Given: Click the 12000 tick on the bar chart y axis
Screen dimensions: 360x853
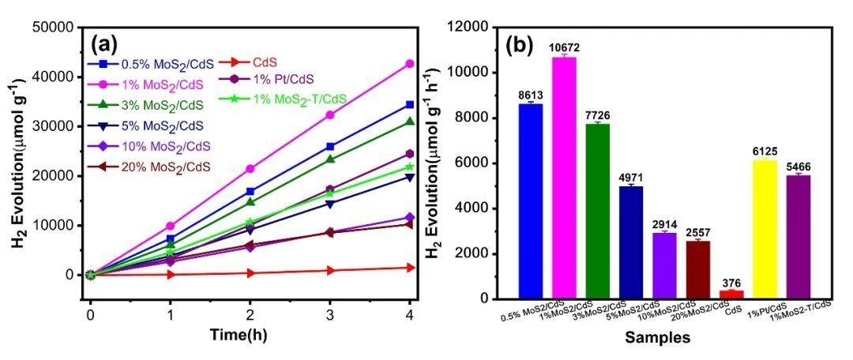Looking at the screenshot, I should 472,28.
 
